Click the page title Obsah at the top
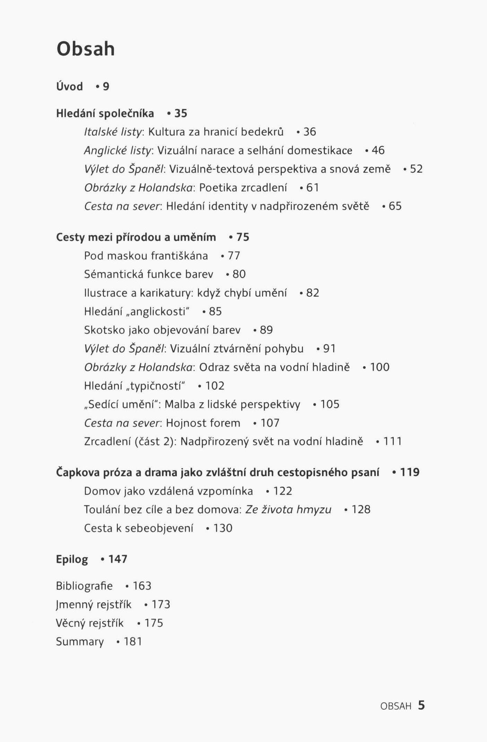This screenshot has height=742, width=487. tap(85, 49)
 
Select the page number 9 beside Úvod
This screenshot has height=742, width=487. tap(106, 86)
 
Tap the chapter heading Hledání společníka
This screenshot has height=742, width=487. tap(105, 113)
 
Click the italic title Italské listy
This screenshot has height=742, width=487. tap(113, 132)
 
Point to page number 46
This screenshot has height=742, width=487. tap(378, 150)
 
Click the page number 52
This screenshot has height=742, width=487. tap(416, 169)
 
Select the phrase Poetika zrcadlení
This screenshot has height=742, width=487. tap(243, 188)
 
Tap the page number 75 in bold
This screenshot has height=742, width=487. tap(243, 237)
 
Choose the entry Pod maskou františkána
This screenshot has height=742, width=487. tap(146, 256)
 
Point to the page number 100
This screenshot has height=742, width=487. tap(380, 367)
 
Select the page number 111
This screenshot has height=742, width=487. tap(392, 441)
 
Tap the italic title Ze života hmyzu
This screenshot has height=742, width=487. tap(288, 510)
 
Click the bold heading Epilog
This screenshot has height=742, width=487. tap(72, 559)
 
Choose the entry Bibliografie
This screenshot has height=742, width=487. tap(84, 586)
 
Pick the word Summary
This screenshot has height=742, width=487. tap(80, 642)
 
